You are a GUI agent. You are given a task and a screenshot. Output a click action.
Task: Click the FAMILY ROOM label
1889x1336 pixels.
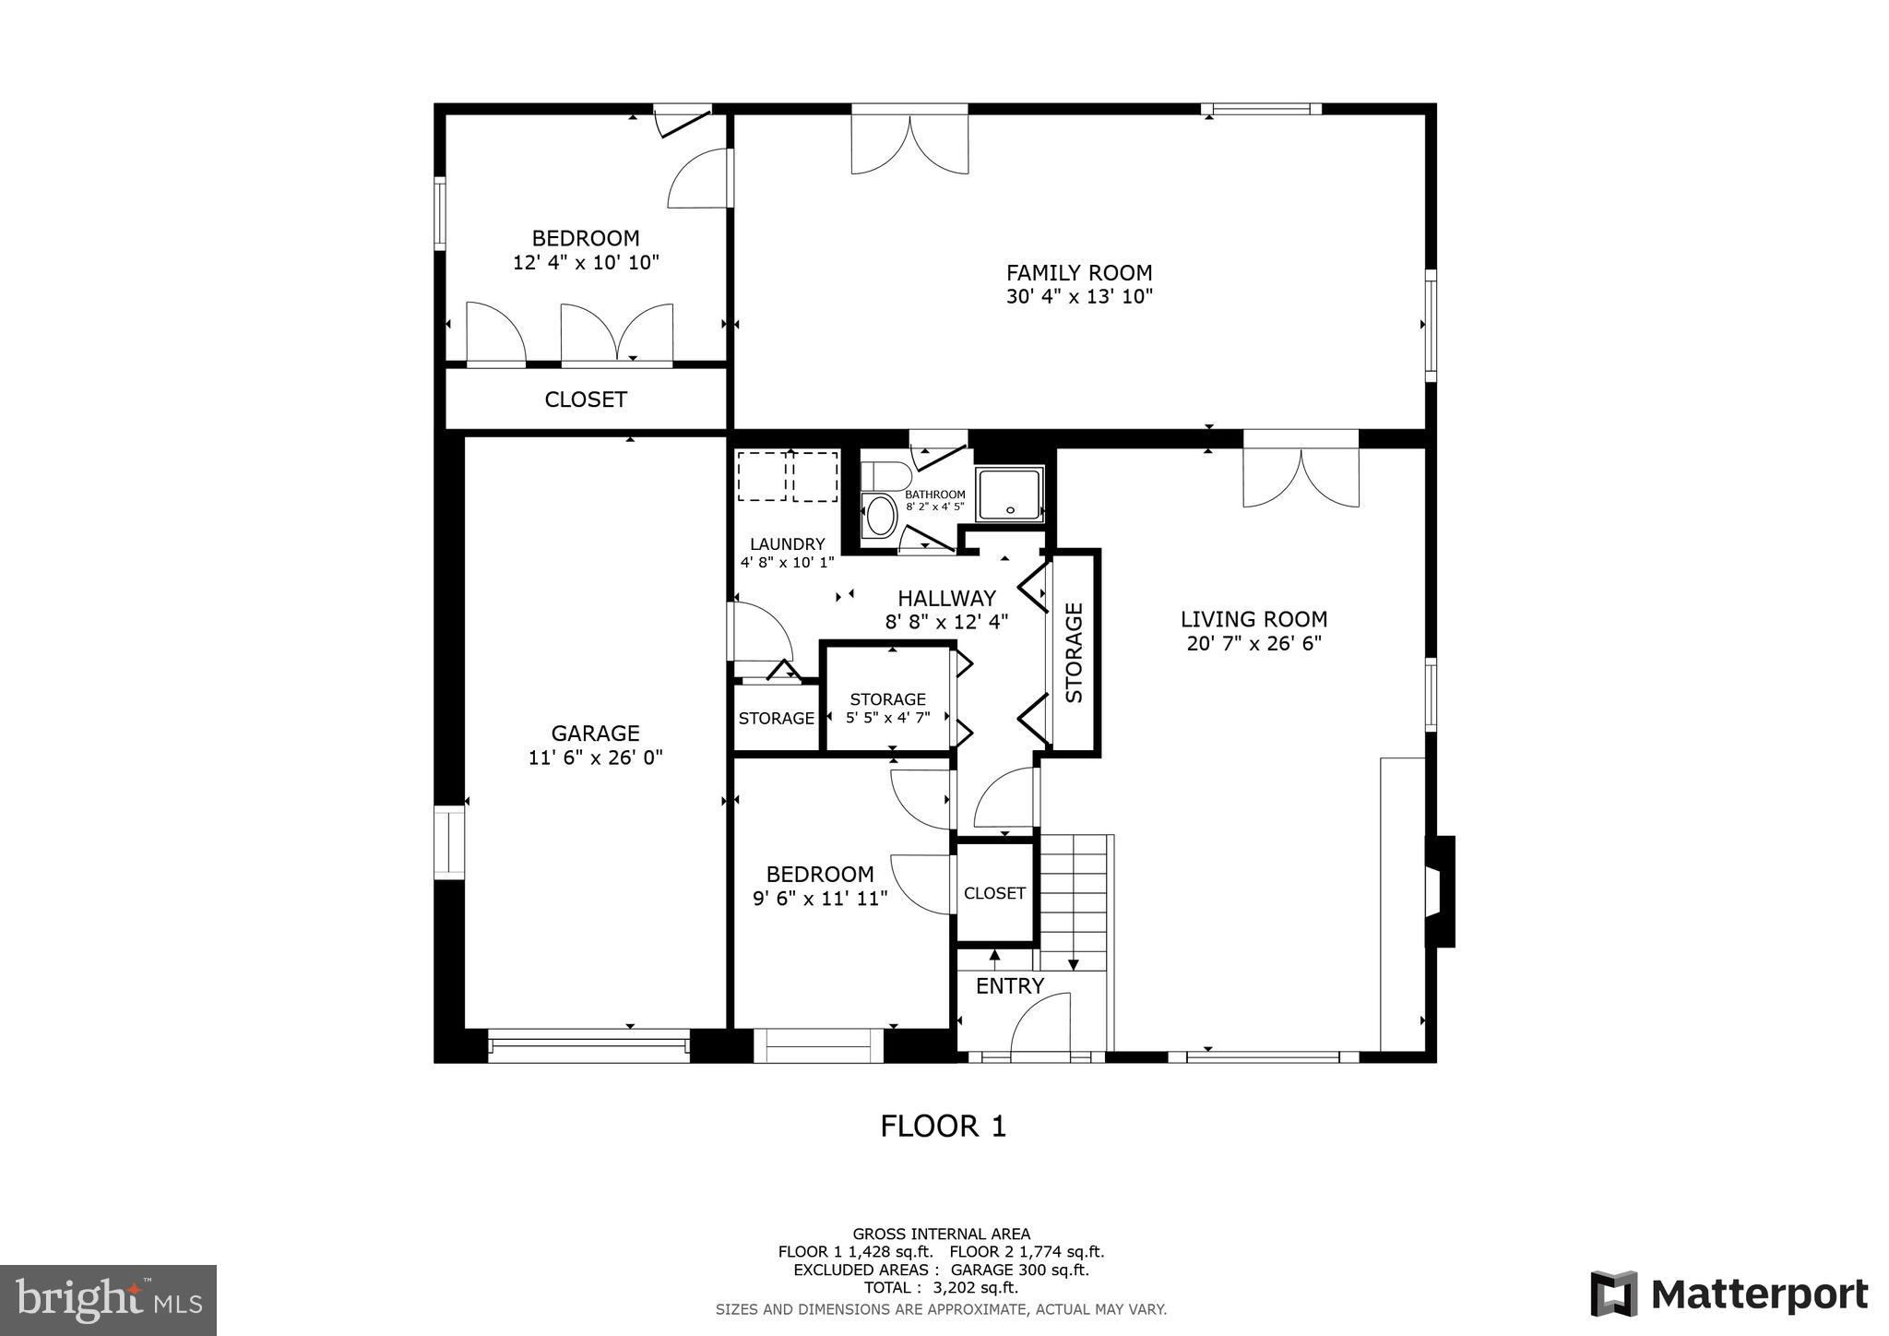(x=1078, y=273)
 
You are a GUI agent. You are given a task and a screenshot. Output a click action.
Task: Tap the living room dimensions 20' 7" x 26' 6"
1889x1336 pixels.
(x=1253, y=643)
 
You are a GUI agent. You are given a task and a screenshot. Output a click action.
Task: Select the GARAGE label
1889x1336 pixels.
(x=595, y=734)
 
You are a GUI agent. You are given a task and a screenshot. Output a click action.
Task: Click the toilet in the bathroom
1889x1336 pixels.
(x=884, y=475)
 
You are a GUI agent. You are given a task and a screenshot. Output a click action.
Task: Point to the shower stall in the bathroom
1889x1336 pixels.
(x=1009, y=494)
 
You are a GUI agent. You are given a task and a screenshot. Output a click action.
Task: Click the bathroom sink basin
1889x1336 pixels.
(x=881, y=516)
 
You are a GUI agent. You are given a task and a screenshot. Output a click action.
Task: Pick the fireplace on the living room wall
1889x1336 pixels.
(x=1439, y=891)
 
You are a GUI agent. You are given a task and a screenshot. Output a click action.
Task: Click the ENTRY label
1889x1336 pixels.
(x=1009, y=986)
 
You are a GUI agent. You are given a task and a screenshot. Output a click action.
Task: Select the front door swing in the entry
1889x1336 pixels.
(x=1040, y=1023)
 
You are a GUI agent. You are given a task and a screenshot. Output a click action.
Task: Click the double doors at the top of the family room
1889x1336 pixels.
(x=909, y=143)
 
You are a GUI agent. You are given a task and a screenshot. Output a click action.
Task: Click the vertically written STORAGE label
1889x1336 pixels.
(x=1074, y=652)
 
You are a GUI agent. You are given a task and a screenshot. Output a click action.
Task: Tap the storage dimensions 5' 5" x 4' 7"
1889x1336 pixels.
(x=887, y=717)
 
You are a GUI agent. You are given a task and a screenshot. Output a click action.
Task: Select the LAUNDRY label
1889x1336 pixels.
(x=787, y=544)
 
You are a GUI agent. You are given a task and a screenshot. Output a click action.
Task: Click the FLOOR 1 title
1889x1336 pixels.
(x=943, y=1127)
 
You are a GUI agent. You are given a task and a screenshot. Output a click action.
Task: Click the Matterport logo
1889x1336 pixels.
(x=1729, y=1294)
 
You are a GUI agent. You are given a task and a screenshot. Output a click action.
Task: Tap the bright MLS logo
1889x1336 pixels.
(x=108, y=1300)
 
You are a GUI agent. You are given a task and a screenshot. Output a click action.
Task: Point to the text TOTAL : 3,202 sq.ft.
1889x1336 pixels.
(x=941, y=1287)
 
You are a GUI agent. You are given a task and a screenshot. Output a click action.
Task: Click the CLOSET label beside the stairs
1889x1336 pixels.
(x=994, y=893)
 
